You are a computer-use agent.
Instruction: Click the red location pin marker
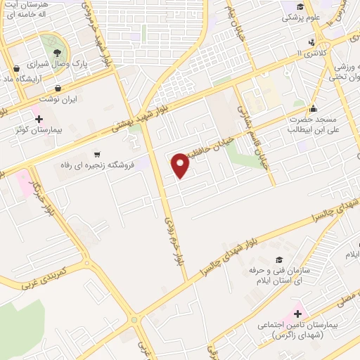tap(181, 165)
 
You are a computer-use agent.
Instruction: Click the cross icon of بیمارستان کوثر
tap(39, 119)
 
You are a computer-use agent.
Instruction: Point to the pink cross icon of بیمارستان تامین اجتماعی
tap(297, 313)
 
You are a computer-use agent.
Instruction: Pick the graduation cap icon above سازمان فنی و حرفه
tap(279, 260)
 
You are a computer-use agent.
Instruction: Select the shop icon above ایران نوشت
tap(58, 88)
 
